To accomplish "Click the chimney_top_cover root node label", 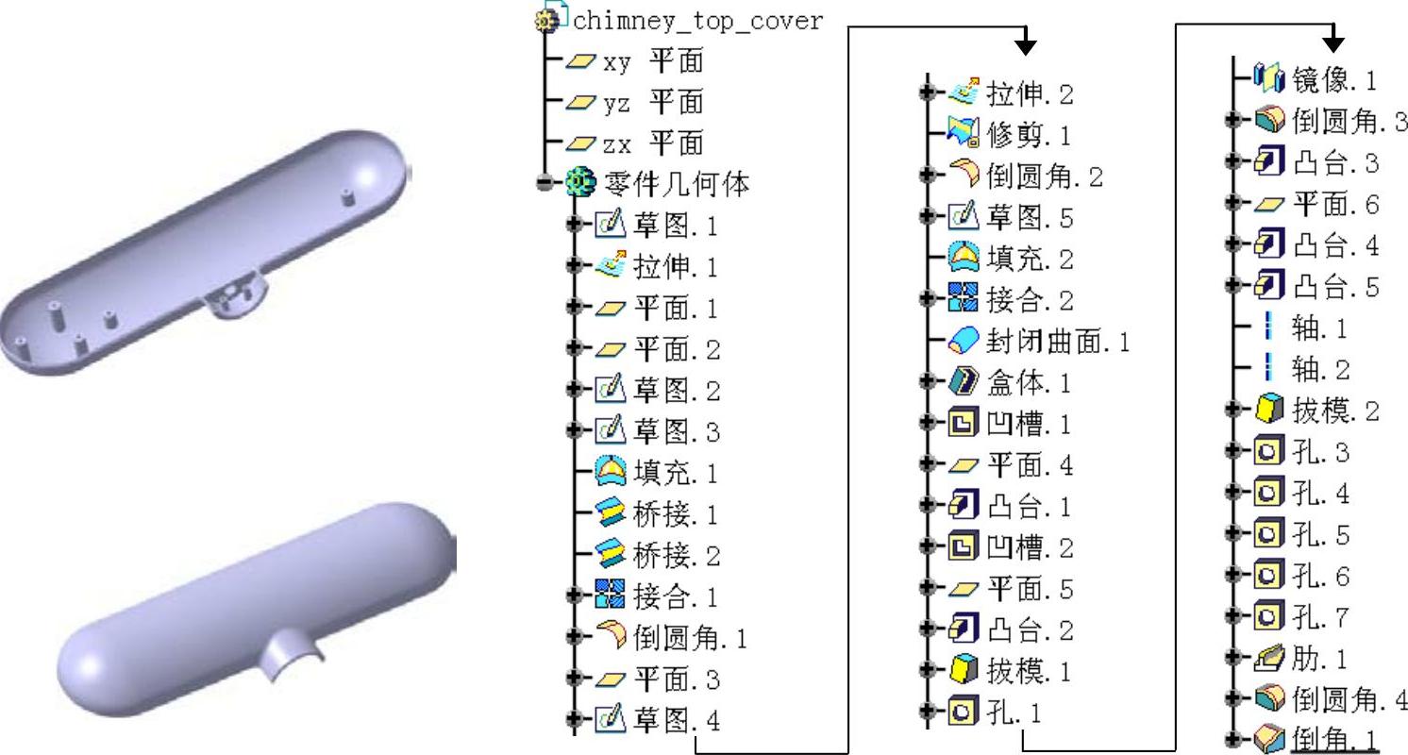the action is pyautogui.click(x=697, y=21).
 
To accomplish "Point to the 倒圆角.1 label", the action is pyautogui.click(x=690, y=639).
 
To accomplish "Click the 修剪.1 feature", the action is pyautogui.click(x=1030, y=136).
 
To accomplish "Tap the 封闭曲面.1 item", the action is pyautogui.click(x=1058, y=342).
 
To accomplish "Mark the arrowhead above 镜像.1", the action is pyautogui.click(x=1333, y=43).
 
